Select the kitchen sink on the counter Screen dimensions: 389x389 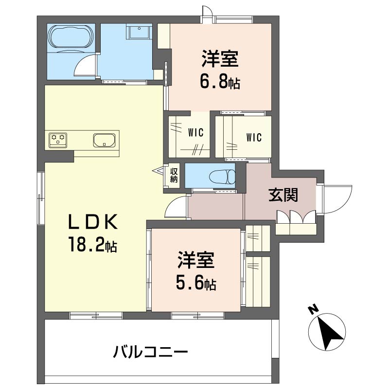tap(104, 141)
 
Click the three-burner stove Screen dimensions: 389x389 tap(59, 141)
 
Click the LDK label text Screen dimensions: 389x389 tap(92, 222)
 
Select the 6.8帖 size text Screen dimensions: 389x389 tap(220, 82)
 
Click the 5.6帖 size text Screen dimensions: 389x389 tap(196, 283)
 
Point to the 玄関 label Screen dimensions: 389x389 tap(283, 195)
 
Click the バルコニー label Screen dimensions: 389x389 tap(151, 351)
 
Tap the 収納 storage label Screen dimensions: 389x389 tap(174, 176)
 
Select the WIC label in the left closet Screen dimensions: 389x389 tap(195, 132)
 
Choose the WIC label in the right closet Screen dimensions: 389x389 tap(253, 138)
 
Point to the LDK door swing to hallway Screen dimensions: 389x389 tap(175, 208)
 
